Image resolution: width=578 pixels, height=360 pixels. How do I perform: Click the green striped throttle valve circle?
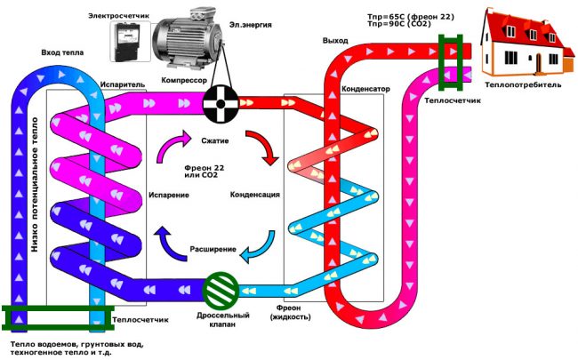221,290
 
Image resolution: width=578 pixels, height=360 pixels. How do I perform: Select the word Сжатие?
218,139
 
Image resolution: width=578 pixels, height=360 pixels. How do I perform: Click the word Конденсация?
255,194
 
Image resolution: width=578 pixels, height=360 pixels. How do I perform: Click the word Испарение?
168,194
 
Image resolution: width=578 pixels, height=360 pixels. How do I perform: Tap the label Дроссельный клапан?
220,322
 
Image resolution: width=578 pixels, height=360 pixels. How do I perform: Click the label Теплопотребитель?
519,86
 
